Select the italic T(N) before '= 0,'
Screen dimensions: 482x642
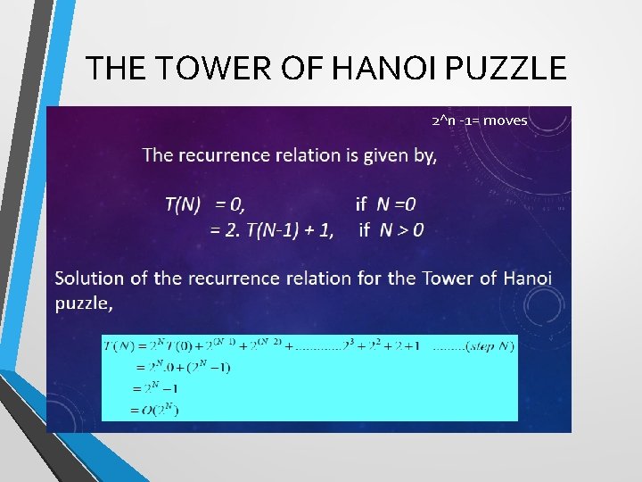click(x=183, y=204)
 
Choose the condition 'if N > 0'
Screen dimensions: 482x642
click(x=391, y=230)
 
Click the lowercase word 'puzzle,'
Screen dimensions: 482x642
click(x=85, y=303)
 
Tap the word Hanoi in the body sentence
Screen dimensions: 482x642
click(x=527, y=278)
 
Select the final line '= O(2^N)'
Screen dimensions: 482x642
click(x=155, y=410)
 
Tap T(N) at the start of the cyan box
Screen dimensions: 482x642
click(x=118, y=345)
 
